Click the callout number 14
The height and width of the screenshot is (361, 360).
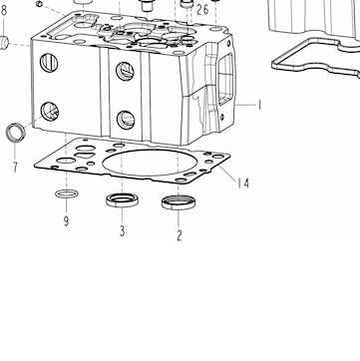pyautogui.click(x=243, y=183)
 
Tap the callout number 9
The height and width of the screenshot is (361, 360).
pyautogui.click(x=67, y=221)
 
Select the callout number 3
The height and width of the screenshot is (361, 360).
pyautogui.click(x=123, y=230)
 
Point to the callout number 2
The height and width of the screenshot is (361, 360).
pyautogui.click(x=180, y=235)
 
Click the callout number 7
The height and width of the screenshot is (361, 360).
pyautogui.click(x=15, y=168)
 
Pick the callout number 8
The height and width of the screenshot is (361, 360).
pyautogui.click(x=4, y=11)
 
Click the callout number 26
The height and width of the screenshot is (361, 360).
pyautogui.click(x=202, y=10)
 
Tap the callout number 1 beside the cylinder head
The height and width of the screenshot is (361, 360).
pyautogui.click(x=259, y=106)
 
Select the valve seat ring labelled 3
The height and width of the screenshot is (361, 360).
pyautogui.click(x=123, y=200)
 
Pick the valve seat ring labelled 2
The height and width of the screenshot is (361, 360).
pyautogui.click(x=179, y=202)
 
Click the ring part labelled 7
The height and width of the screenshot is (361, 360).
pyautogui.click(x=16, y=133)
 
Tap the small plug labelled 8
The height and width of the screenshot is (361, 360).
pyautogui.click(x=4, y=43)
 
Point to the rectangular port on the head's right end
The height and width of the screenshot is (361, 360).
pyautogui.click(x=226, y=79)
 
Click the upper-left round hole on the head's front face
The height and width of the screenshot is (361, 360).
pyautogui.click(x=49, y=63)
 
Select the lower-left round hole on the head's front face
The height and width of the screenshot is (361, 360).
pyautogui.click(x=50, y=112)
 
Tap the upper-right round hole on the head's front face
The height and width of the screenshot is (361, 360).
pyautogui.click(x=125, y=72)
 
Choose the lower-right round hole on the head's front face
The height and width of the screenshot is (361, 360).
pyautogui.click(x=126, y=120)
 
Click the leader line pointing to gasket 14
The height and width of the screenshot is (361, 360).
pyautogui.click(x=227, y=173)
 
